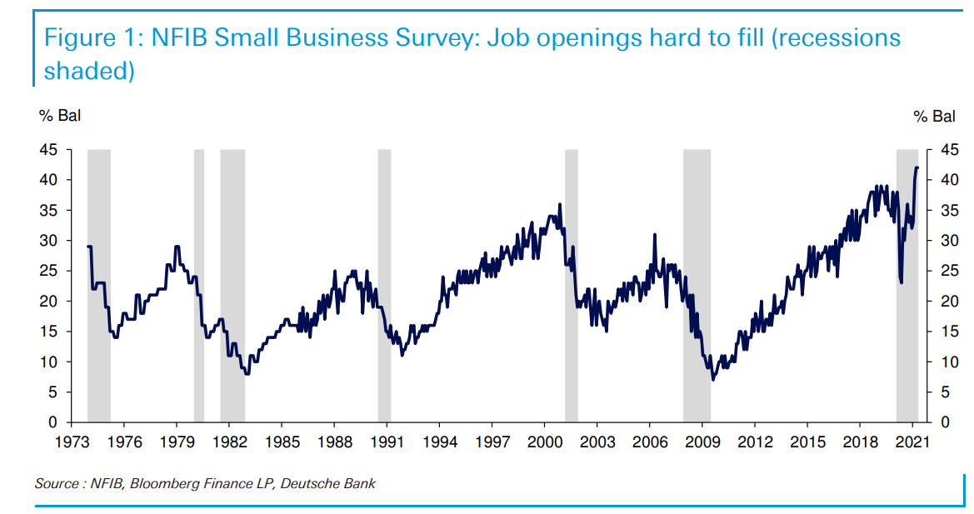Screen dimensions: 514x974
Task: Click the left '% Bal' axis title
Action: (x=60, y=117)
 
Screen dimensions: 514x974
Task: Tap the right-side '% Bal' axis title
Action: (x=934, y=117)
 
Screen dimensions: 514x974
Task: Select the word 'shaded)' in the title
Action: (x=89, y=71)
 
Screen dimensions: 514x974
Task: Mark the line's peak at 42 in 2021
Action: (x=917, y=167)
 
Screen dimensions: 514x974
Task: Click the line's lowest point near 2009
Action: (x=712, y=379)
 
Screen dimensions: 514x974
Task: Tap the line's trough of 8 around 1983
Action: (x=247, y=374)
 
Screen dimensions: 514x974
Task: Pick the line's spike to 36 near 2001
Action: (x=560, y=204)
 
